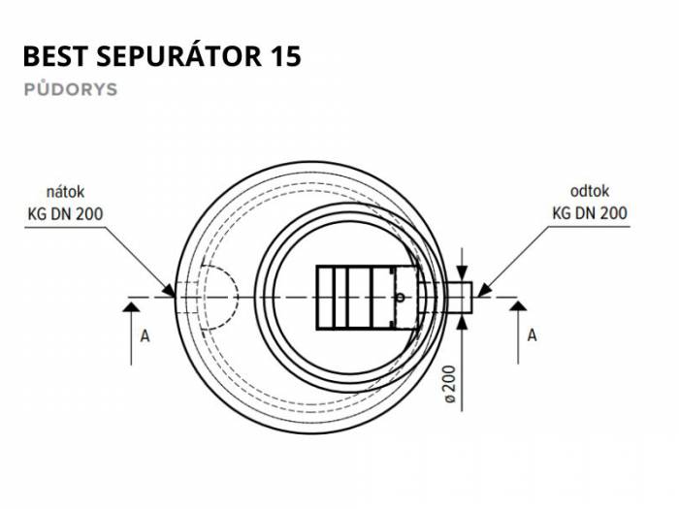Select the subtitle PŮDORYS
point(71,88)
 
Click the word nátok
point(65,192)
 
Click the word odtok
point(590,191)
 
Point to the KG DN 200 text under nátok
point(65,214)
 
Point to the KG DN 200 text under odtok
point(590,213)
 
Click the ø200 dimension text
point(450,385)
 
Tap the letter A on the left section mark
point(145,335)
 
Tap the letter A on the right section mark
point(533,335)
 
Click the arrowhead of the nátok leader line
point(169,290)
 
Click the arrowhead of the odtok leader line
point(483,290)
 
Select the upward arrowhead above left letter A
point(131,307)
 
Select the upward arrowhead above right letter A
point(518,306)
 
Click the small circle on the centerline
point(400,298)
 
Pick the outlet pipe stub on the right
point(459,298)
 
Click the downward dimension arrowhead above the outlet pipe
point(463,274)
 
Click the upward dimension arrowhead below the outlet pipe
point(463,322)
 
